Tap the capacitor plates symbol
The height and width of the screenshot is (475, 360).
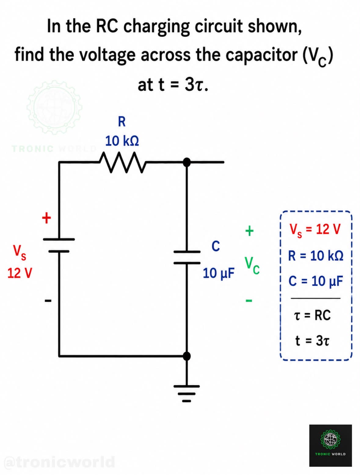pos(187,257)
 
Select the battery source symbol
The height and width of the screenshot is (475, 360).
pos(58,245)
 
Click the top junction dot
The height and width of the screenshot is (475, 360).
pos(187,162)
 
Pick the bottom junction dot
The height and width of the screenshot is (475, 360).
pos(187,355)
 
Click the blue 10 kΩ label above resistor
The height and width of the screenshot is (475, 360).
pos(122,141)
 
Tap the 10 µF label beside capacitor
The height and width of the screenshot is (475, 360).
pos(218,273)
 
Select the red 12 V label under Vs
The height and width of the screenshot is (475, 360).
pos(20,273)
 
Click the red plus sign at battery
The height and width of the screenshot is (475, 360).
pos(46,218)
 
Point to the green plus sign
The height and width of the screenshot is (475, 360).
pos(249,231)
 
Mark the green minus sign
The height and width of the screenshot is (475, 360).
pos(249,300)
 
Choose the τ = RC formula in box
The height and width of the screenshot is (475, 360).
pos(312,315)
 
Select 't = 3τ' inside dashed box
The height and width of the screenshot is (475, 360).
pos(312,341)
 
